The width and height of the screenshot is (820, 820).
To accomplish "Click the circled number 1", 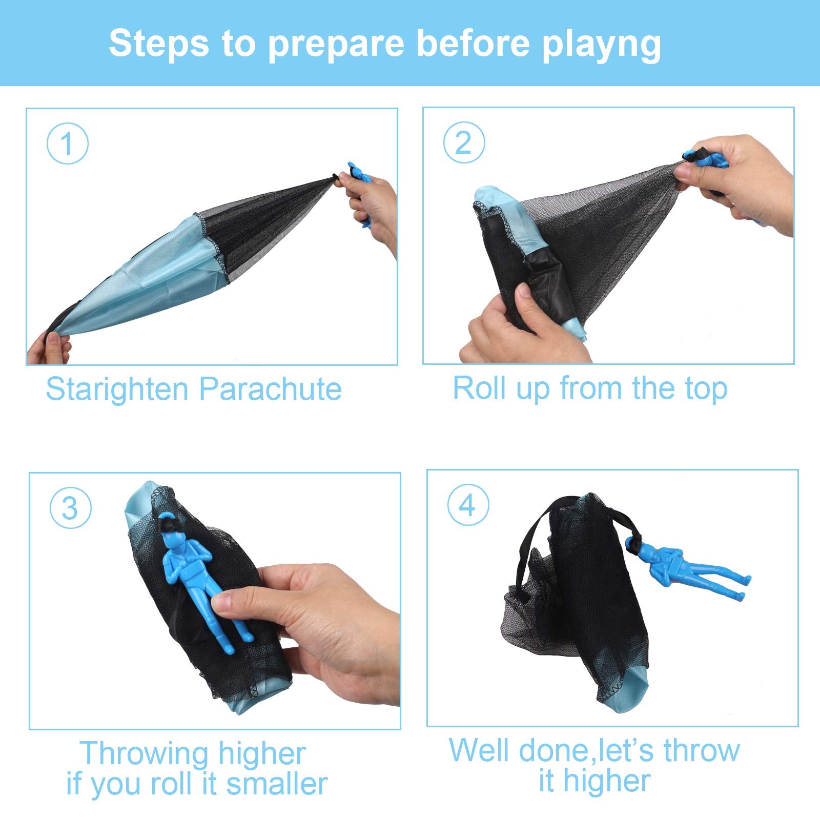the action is (67, 143).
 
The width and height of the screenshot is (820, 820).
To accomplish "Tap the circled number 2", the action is (463, 142).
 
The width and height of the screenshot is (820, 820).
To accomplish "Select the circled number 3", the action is (70, 508).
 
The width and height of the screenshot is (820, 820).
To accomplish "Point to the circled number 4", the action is (468, 505).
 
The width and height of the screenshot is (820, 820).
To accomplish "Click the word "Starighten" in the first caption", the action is (117, 389).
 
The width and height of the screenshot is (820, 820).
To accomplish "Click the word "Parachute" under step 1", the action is (271, 389).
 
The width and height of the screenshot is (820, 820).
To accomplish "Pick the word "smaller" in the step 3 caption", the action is (277, 784).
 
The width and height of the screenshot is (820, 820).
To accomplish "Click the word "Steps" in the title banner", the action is (159, 44).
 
